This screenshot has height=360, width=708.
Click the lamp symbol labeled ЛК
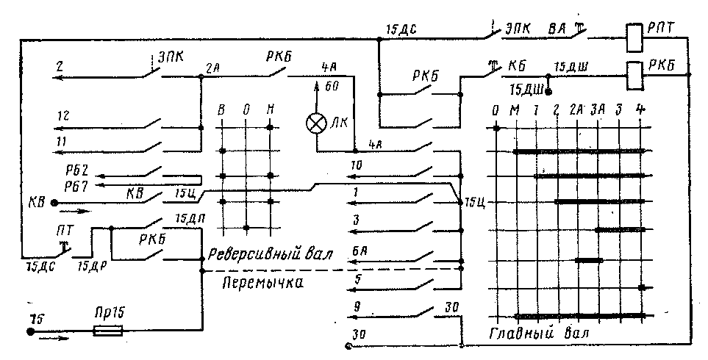pyautogui.click(x=317, y=123)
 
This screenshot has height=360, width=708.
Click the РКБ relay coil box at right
pyautogui.click(x=634, y=72)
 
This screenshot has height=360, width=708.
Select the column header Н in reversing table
pyautogui.click(x=271, y=112)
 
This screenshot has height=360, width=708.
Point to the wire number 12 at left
pyautogui.click(x=63, y=116)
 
